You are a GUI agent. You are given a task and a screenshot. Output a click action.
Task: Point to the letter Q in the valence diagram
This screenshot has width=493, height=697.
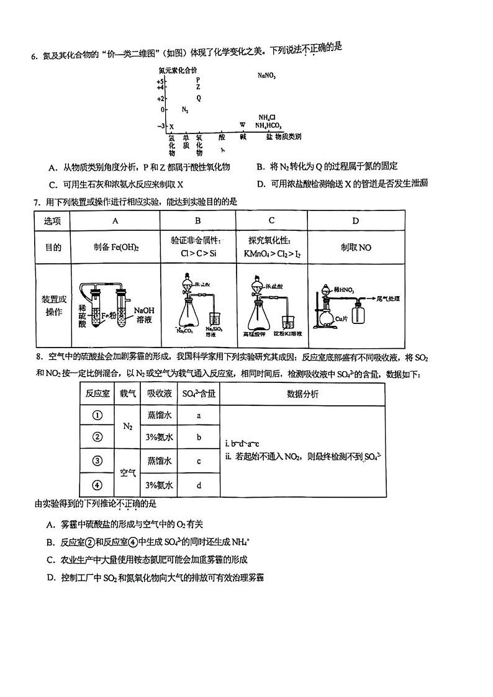pyautogui.click(x=199, y=97)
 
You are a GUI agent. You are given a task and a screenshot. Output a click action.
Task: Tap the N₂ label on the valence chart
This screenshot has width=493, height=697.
pyautogui.click(x=185, y=110)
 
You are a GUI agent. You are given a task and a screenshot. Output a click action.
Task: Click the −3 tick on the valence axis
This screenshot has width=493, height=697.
pyautogui.click(x=161, y=126)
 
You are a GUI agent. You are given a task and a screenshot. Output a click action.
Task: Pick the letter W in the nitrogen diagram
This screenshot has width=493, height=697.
pyautogui.click(x=242, y=125)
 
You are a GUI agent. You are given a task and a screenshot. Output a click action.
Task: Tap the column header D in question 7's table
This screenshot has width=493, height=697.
pyautogui.click(x=355, y=221)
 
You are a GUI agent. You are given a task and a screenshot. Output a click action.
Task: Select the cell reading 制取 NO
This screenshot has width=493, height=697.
pyautogui.click(x=355, y=247)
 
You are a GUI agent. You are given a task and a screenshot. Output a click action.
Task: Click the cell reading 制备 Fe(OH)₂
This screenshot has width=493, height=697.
pyautogui.click(x=115, y=247)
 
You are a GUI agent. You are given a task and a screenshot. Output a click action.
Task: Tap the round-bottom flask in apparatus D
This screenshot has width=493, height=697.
pyautogui.click(x=327, y=317)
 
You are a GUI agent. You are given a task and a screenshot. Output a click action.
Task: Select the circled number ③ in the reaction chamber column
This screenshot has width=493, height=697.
pyautogui.click(x=97, y=461)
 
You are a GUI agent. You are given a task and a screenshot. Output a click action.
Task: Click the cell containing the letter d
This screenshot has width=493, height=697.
pyautogui.click(x=199, y=485)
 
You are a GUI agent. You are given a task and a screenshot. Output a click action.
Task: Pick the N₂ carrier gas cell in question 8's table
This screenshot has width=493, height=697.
pyautogui.click(x=127, y=426)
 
